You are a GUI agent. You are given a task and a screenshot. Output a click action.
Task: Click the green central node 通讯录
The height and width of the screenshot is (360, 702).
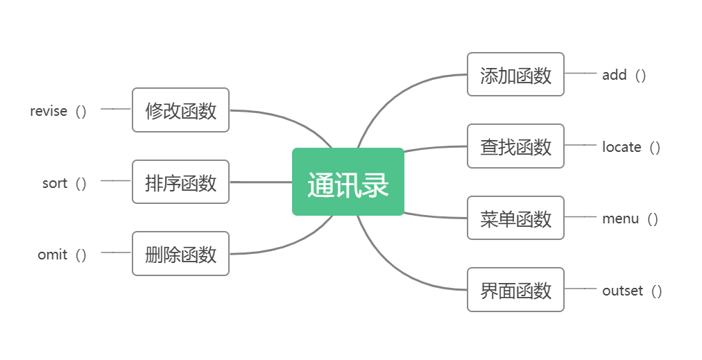pyautogui.click(x=348, y=182)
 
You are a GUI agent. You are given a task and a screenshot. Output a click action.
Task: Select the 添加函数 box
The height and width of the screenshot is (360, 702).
pyautogui.click(x=515, y=74)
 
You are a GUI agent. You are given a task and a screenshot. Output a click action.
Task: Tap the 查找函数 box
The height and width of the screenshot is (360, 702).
pyautogui.click(x=515, y=146)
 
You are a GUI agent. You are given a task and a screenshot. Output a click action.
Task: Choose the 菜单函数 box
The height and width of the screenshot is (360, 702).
pyautogui.click(x=515, y=218)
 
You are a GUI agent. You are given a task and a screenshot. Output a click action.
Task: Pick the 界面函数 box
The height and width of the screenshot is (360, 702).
pyautogui.click(x=515, y=290)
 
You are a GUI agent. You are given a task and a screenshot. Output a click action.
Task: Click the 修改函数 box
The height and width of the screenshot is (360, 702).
pyautogui.click(x=180, y=110)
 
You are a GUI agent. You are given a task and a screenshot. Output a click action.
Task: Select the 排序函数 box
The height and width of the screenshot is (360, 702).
pyautogui.click(x=180, y=182)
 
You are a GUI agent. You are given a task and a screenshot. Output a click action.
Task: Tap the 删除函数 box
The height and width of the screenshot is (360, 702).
pyautogui.click(x=180, y=254)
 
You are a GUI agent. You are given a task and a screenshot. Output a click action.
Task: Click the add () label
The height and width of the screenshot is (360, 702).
pyautogui.click(x=624, y=75)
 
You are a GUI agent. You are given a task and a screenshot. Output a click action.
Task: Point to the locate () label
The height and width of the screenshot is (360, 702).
pyautogui.click(x=631, y=147)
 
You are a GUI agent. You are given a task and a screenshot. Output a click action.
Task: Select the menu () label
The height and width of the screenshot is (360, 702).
pyautogui.click(x=629, y=218)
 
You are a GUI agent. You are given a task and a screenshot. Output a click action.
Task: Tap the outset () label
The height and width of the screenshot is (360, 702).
pyautogui.click(x=631, y=291)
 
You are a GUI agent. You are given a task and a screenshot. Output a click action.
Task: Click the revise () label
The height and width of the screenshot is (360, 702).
pyautogui.click(x=58, y=111)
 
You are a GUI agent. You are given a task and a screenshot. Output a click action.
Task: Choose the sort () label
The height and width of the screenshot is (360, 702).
pyautogui.click(x=64, y=183)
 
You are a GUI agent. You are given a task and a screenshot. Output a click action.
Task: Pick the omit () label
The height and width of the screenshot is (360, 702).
pyautogui.click(x=62, y=255)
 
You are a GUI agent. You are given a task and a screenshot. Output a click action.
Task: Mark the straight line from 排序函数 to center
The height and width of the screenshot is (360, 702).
pyautogui.click(x=260, y=182)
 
